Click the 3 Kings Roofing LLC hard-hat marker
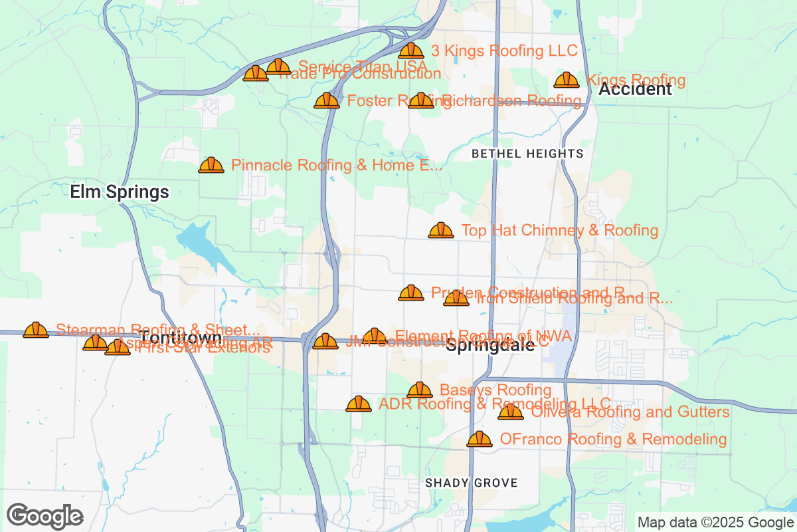click(x=411, y=51)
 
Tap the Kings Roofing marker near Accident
click(x=567, y=80)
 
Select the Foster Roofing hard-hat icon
click(x=327, y=101)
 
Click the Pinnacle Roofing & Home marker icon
click(x=211, y=166)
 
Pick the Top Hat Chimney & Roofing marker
click(x=441, y=231)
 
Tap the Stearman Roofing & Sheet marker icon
click(x=36, y=331)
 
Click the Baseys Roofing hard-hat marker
click(x=420, y=390)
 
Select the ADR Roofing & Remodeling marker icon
click(x=359, y=404)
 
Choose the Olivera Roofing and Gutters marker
click(x=511, y=412)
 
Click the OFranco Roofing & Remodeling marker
click(x=480, y=440)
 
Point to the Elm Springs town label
click(x=120, y=193)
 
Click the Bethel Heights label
click(x=527, y=154)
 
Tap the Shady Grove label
click(x=471, y=483)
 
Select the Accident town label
click(x=635, y=90)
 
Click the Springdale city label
click(x=490, y=346)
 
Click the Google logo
click(x=45, y=516)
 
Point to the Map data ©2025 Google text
click(x=715, y=522)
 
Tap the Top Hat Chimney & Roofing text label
click(x=559, y=231)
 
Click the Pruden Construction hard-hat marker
click(x=411, y=293)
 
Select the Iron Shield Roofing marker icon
click(x=456, y=299)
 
